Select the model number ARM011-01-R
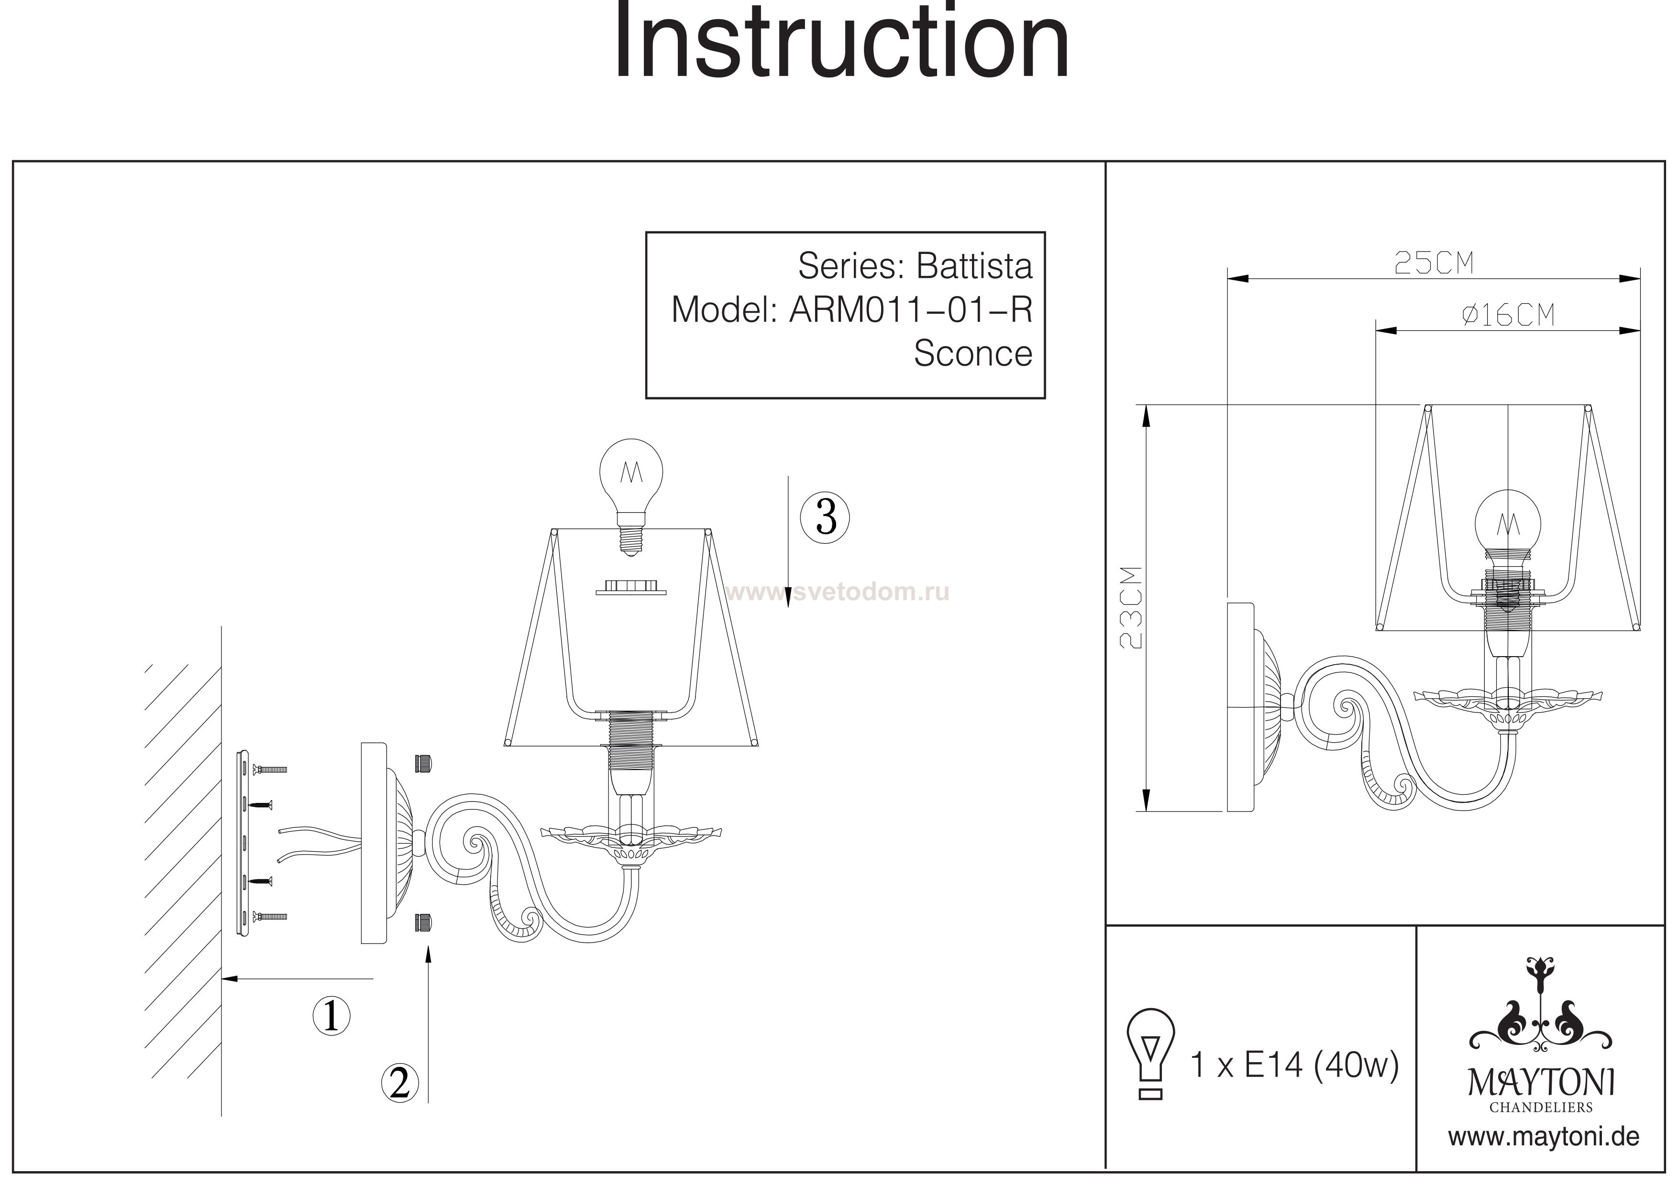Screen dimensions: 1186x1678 pyautogui.click(x=911, y=310)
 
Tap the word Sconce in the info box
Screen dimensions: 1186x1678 pyautogui.click(x=973, y=354)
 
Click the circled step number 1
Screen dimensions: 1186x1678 pyautogui.click(x=331, y=1016)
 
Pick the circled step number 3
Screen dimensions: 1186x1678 pyautogui.click(x=825, y=517)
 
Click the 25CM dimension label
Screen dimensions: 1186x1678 pyautogui.click(x=1434, y=263)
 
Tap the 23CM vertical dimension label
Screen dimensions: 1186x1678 pyautogui.click(x=1131, y=608)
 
